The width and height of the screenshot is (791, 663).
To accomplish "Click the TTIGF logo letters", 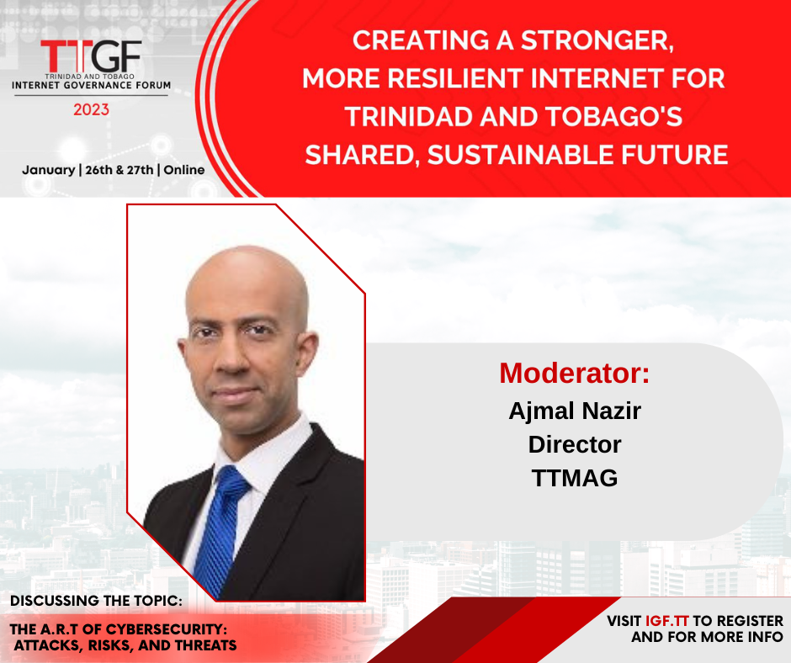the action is click(x=91, y=56).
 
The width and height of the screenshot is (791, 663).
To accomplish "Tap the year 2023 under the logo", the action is click(x=92, y=109).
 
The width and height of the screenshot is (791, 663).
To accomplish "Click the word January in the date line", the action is click(x=49, y=170).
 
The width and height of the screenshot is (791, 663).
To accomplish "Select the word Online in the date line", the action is click(x=184, y=170).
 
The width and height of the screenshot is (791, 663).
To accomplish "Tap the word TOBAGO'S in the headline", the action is click(x=614, y=117).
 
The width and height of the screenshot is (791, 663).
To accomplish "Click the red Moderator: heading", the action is click(x=575, y=373).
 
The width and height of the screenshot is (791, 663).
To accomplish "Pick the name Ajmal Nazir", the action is click(x=575, y=411).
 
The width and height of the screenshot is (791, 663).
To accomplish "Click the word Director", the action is click(x=575, y=444).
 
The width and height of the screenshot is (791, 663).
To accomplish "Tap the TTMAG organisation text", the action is click(x=575, y=478).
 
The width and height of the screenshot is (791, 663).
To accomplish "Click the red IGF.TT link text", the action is click(x=667, y=621).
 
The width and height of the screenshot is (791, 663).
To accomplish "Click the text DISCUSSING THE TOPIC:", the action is click(x=97, y=601).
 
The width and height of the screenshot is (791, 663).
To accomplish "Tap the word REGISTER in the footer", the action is click(x=750, y=621).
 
